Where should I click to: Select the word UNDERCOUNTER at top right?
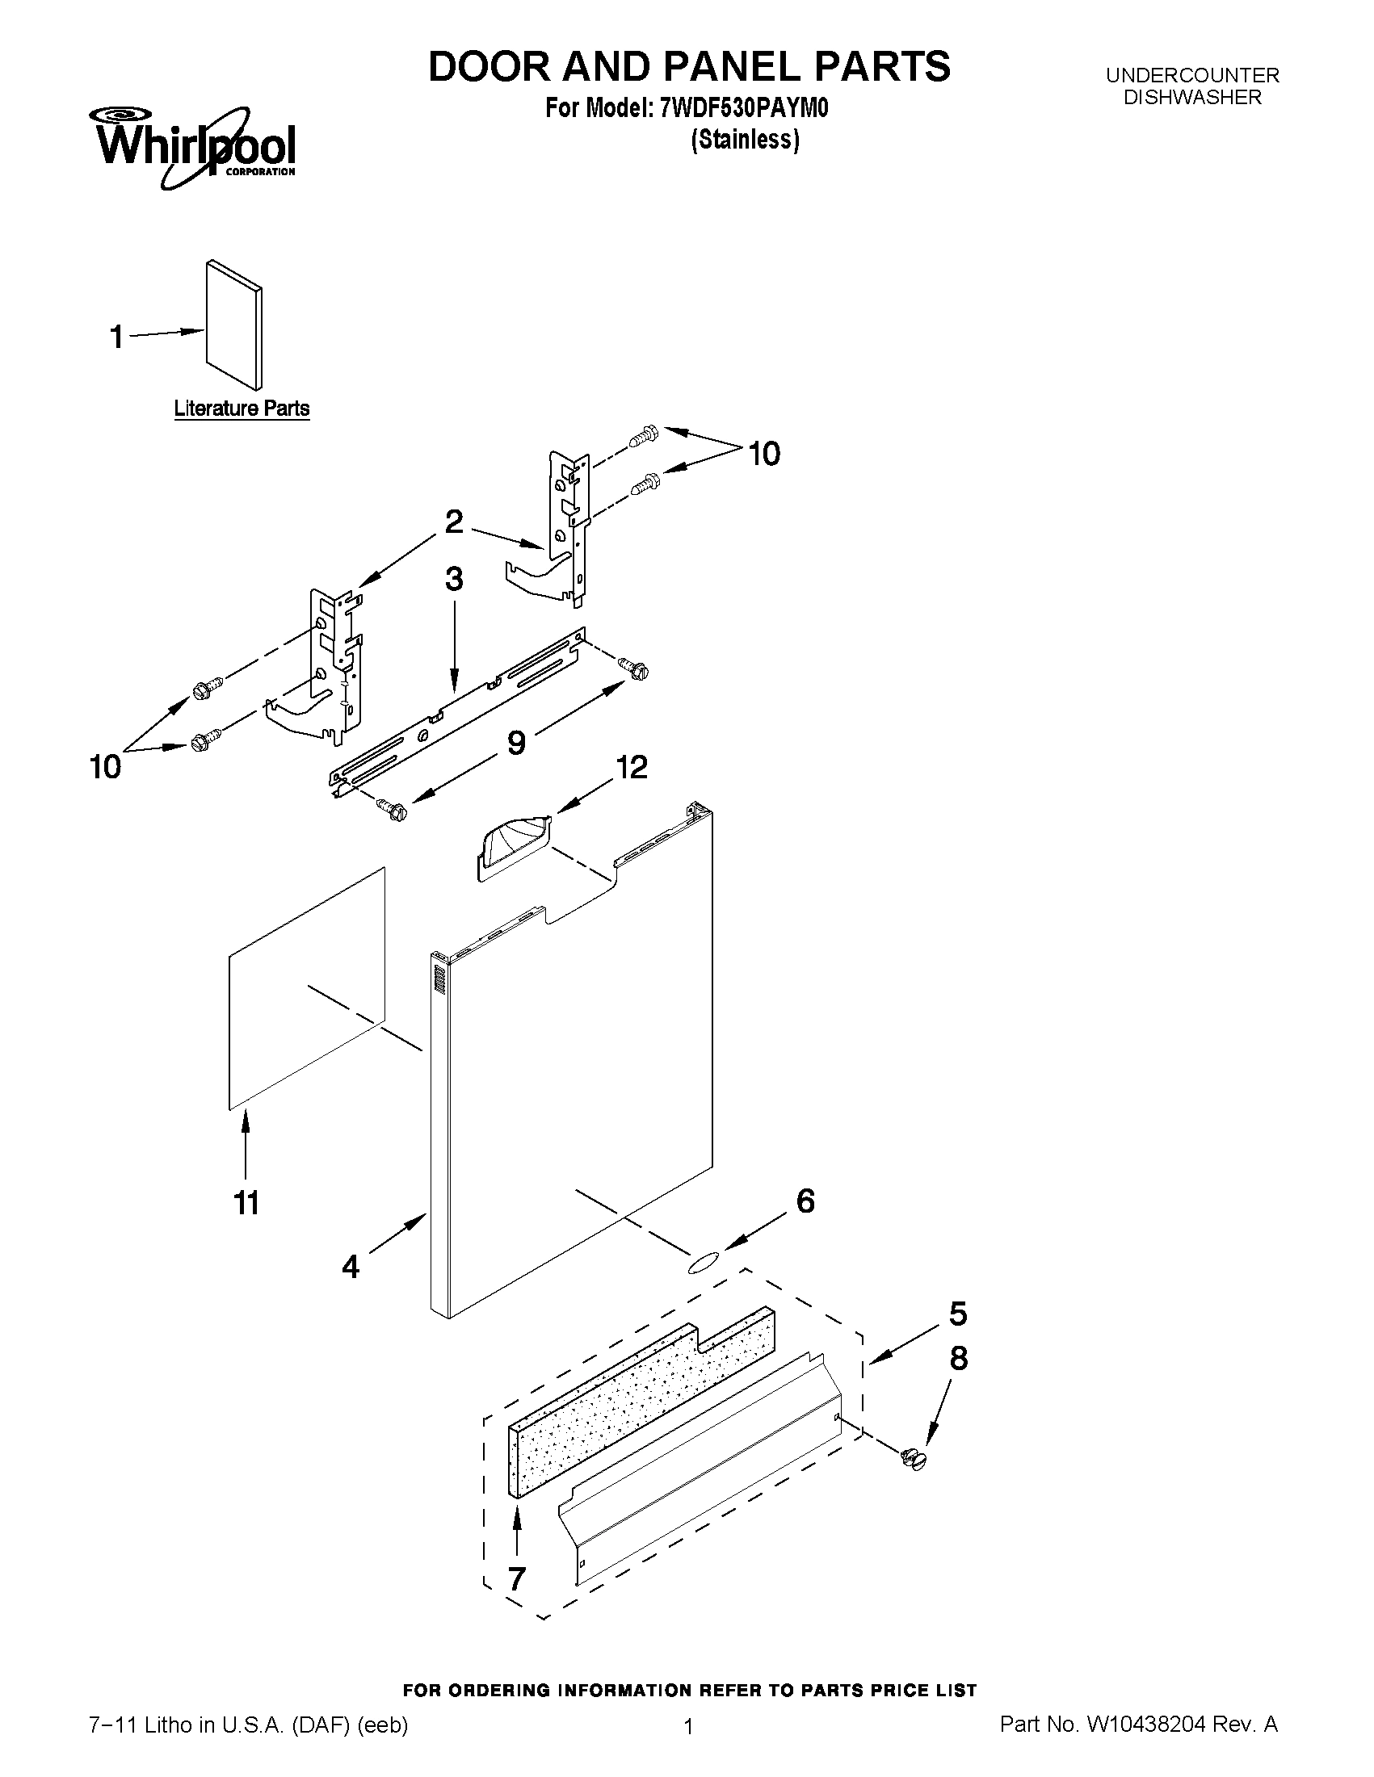pyautogui.click(x=1191, y=76)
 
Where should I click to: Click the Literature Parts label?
pyautogui.click(x=242, y=409)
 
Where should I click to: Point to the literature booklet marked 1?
pyautogui.click(x=234, y=325)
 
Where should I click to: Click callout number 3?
pyautogui.click(x=454, y=580)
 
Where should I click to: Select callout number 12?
pyautogui.click(x=632, y=766)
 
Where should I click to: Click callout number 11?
pyautogui.click(x=246, y=1203)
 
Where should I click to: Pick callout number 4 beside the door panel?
pyautogui.click(x=351, y=1266)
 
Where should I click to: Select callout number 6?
pyautogui.click(x=805, y=1201)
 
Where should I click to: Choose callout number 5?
pyautogui.click(x=958, y=1314)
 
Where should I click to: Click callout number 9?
pyautogui.click(x=516, y=742)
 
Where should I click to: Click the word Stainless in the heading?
pyautogui.click(x=745, y=140)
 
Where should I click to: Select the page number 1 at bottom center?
pyautogui.click(x=689, y=1727)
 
